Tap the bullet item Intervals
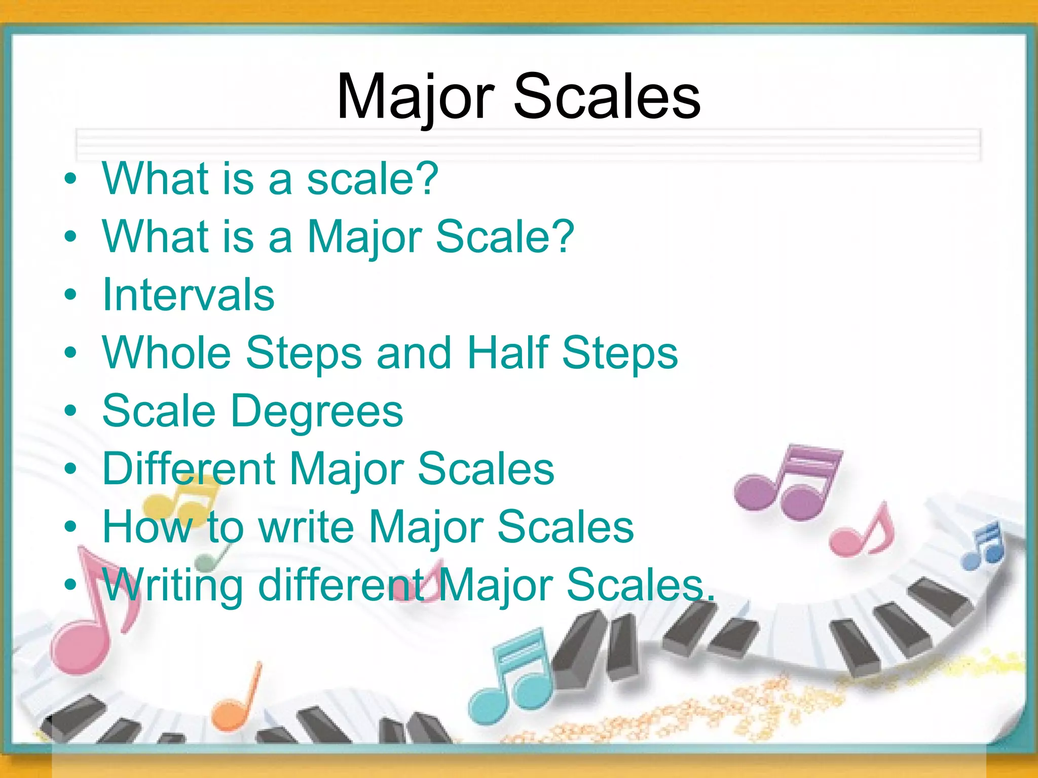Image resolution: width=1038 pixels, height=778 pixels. (x=188, y=295)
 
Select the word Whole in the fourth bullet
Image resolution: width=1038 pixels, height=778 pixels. (x=167, y=353)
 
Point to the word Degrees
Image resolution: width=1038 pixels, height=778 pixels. (x=317, y=411)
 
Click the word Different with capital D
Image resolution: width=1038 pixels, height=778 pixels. (x=189, y=469)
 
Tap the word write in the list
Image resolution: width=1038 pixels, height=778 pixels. (x=306, y=527)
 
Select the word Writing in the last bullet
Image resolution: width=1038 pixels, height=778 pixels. (x=173, y=586)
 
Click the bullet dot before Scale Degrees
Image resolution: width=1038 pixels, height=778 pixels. (x=70, y=411)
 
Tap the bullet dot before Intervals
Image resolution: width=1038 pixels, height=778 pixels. (x=70, y=295)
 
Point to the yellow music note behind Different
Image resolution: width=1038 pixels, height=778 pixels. (x=177, y=501)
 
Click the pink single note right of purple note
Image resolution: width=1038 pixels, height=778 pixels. (x=862, y=534)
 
